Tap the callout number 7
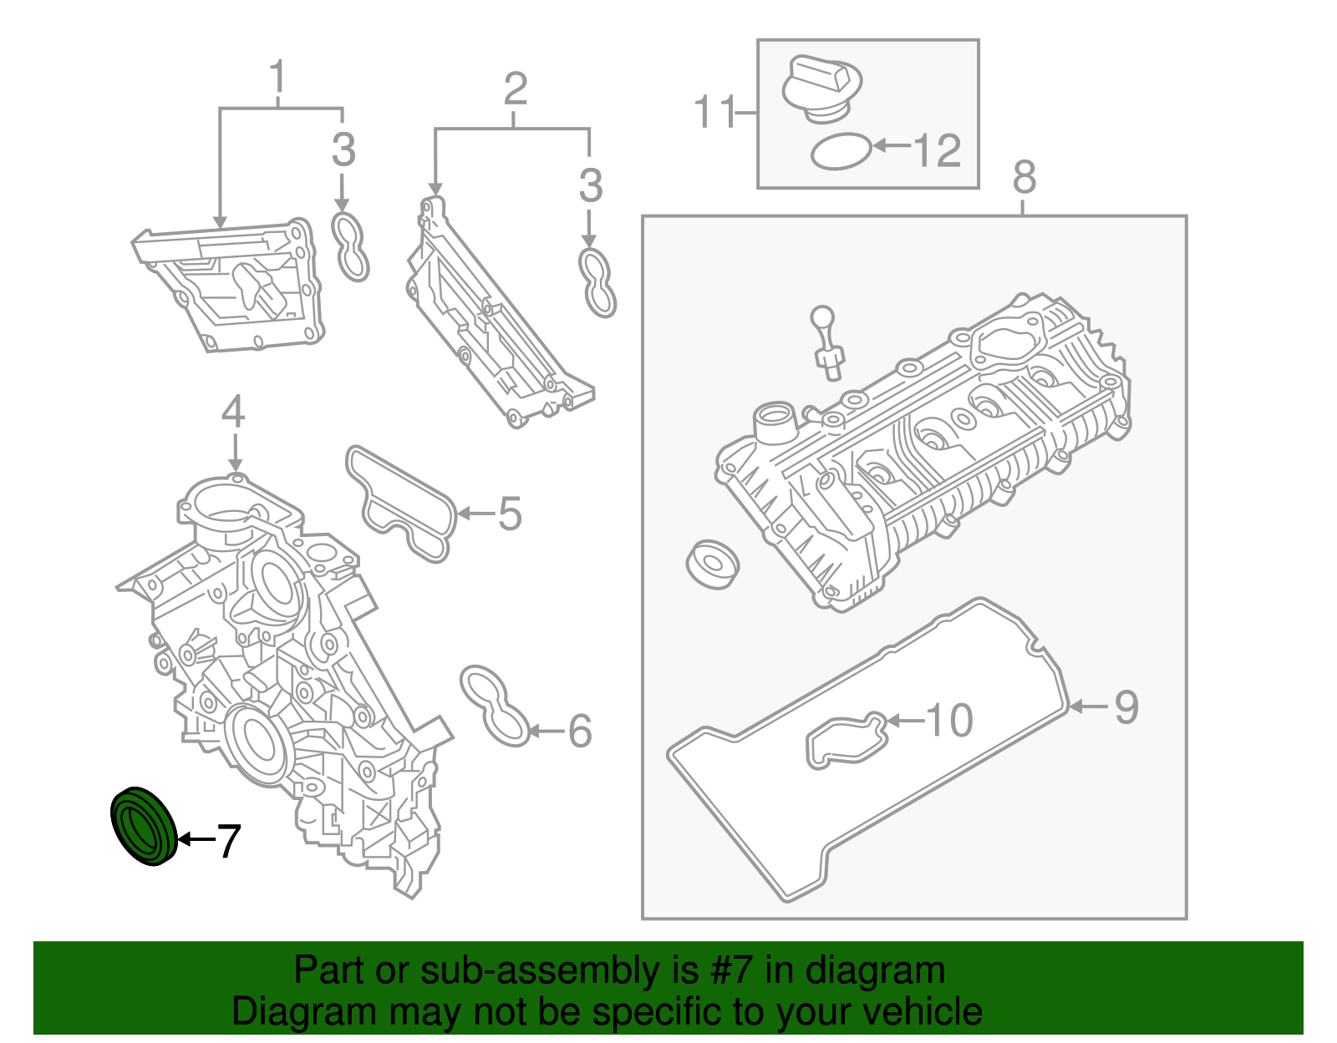(228, 841)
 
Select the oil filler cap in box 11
(821, 88)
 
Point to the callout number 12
(938, 151)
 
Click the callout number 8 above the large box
(1024, 178)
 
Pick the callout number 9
(1126, 708)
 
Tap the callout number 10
(949, 721)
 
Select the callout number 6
(580, 732)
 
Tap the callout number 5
(510, 514)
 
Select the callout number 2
(516, 89)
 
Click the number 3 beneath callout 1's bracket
(343, 151)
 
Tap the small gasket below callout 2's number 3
(597, 282)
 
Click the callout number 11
(715, 112)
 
